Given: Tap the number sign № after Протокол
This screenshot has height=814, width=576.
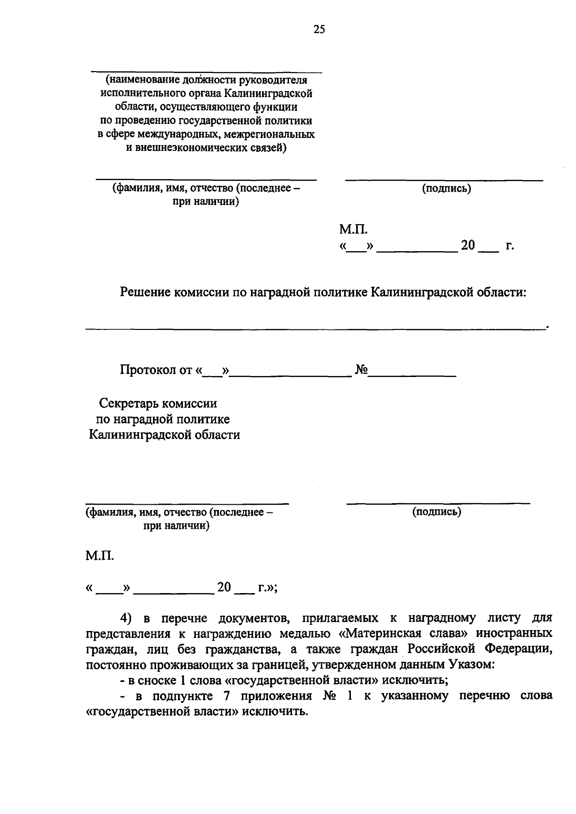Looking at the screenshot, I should click(361, 370).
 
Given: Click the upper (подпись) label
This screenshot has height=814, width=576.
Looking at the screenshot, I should click(446, 189).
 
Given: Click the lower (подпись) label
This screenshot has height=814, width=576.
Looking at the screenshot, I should click(436, 512).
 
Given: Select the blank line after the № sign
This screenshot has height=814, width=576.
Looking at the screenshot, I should click(412, 375).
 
